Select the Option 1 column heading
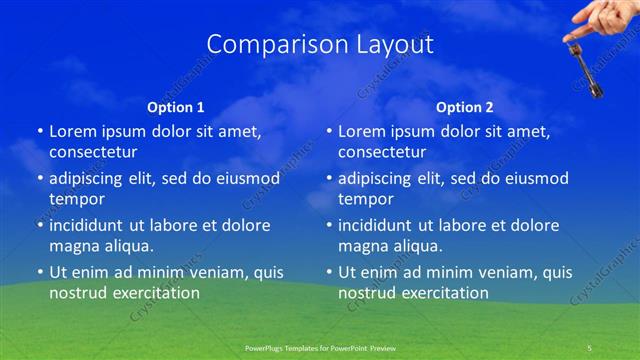(x=176, y=106)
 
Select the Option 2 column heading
(x=465, y=106)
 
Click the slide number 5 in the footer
(x=589, y=347)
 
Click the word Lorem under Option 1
(x=73, y=131)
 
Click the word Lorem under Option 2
(x=362, y=131)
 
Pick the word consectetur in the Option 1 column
(x=93, y=152)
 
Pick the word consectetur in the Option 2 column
(x=382, y=152)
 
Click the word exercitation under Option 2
(x=441, y=293)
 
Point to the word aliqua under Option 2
(x=419, y=246)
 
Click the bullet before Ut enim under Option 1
(x=39, y=272)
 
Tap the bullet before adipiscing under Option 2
(x=328, y=178)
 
